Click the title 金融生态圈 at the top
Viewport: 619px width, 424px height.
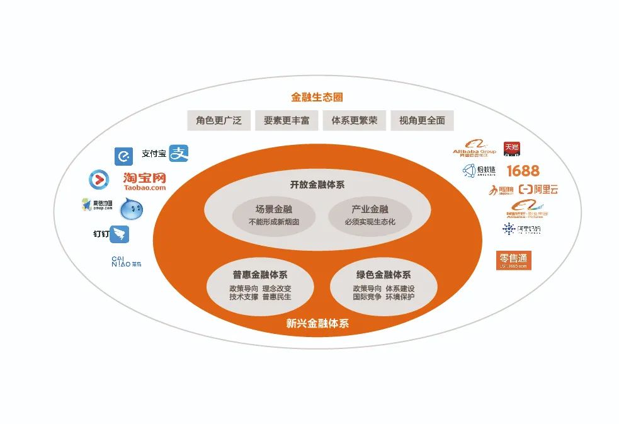(x=317, y=98)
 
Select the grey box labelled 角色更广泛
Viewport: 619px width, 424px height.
(x=219, y=120)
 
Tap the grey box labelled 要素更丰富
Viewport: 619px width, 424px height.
(x=287, y=120)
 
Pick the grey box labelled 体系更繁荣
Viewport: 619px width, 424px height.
(x=354, y=120)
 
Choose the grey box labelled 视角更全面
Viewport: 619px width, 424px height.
(x=422, y=120)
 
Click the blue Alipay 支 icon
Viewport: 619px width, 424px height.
(x=179, y=153)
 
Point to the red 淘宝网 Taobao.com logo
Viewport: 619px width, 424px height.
(x=145, y=181)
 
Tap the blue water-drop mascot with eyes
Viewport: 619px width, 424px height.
(x=132, y=209)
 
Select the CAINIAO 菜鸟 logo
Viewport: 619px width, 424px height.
(x=127, y=261)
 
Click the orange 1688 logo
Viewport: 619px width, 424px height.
(x=523, y=170)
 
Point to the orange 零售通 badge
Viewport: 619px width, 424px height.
(x=514, y=260)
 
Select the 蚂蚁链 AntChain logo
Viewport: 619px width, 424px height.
(x=480, y=170)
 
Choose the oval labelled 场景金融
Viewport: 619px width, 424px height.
(x=273, y=215)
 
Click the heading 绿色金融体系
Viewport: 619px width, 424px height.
(x=383, y=275)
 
